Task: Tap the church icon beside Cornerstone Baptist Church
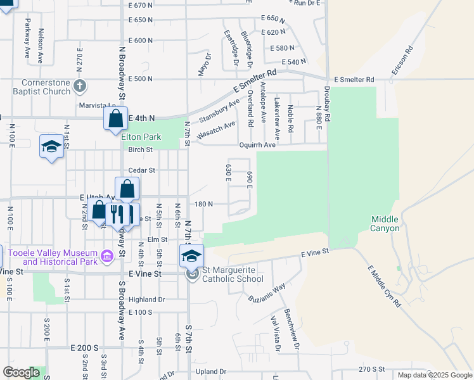[x=80, y=85]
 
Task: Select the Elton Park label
[x=141, y=137]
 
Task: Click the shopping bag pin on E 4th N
[x=116, y=118]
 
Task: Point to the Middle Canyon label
[x=385, y=224]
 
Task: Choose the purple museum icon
[x=108, y=256]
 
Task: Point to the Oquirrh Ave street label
[x=257, y=145]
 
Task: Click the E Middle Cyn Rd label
[x=384, y=286]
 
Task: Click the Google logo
[x=22, y=372]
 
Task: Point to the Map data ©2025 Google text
[x=434, y=375]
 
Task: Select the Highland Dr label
[x=146, y=300]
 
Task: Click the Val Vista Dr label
[x=275, y=333]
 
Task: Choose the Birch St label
[x=141, y=150]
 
